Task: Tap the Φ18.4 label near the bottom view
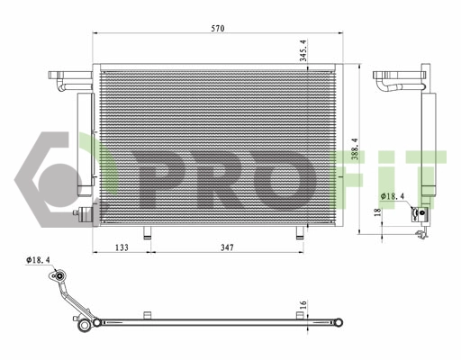tap(40, 260)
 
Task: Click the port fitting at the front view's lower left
tap(86, 215)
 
